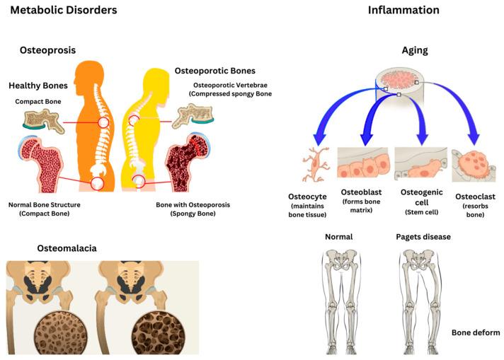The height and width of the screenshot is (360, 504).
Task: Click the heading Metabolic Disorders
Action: click(63, 11)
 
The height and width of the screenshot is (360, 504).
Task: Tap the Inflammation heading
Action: click(403, 11)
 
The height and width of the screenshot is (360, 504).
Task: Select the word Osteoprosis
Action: click(47, 50)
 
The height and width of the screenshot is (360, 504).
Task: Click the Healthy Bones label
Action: click(38, 86)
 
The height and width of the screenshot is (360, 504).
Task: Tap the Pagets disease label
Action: click(423, 236)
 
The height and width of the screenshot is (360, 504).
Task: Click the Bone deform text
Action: click(476, 332)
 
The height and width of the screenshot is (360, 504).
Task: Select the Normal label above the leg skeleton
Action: click(338, 236)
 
